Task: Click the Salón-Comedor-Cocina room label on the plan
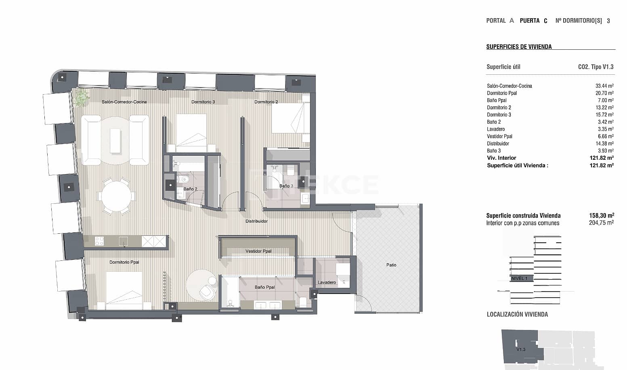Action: (x=124, y=102)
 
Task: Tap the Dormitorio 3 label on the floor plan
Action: (x=203, y=102)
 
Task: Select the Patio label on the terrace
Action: (x=391, y=265)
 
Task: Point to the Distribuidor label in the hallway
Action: (x=256, y=221)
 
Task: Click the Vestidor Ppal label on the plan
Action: (x=258, y=251)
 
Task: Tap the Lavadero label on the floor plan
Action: (x=327, y=282)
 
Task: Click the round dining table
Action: (x=116, y=196)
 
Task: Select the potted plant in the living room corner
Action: (x=82, y=97)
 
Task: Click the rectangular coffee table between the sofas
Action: (x=115, y=141)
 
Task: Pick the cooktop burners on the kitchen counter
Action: (x=99, y=241)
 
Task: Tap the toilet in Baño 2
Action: (x=184, y=179)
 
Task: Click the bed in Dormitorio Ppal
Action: (x=124, y=290)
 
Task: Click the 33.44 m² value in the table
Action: (x=604, y=86)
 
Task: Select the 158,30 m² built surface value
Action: (x=602, y=216)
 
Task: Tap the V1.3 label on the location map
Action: (x=521, y=349)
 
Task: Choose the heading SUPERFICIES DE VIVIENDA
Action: (x=519, y=47)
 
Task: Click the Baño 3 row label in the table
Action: (x=493, y=151)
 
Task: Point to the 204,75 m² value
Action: (x=602, y=223)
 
